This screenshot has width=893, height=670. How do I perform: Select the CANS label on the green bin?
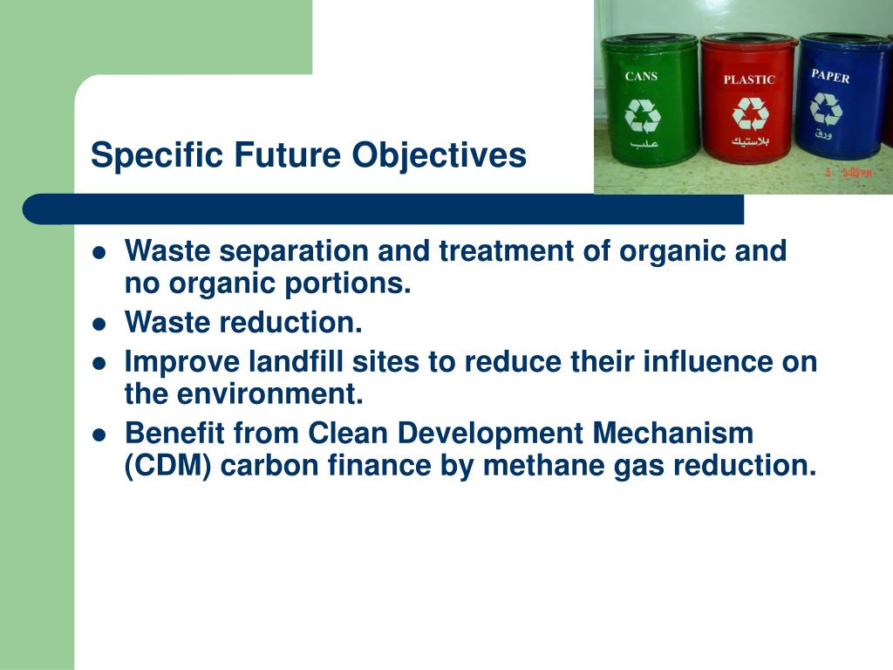(x=641, y=76)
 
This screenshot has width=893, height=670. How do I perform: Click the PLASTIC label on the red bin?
(x=749, y=79)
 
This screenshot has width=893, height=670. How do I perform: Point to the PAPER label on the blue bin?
(x=830, y=76)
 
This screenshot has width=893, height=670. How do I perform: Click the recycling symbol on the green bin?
(x=643, y=114)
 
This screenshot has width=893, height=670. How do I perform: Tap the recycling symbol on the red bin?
(x=750, y=113)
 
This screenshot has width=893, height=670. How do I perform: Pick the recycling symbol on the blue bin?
(x=826, y=109)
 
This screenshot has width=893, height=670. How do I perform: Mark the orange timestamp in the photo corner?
(x=849, y=173)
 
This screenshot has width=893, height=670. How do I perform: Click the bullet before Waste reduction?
(x=99, y=324)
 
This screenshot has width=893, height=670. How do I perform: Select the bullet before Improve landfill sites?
(x=99, y=362)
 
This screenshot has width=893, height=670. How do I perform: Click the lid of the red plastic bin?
(x=748, y=41)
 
